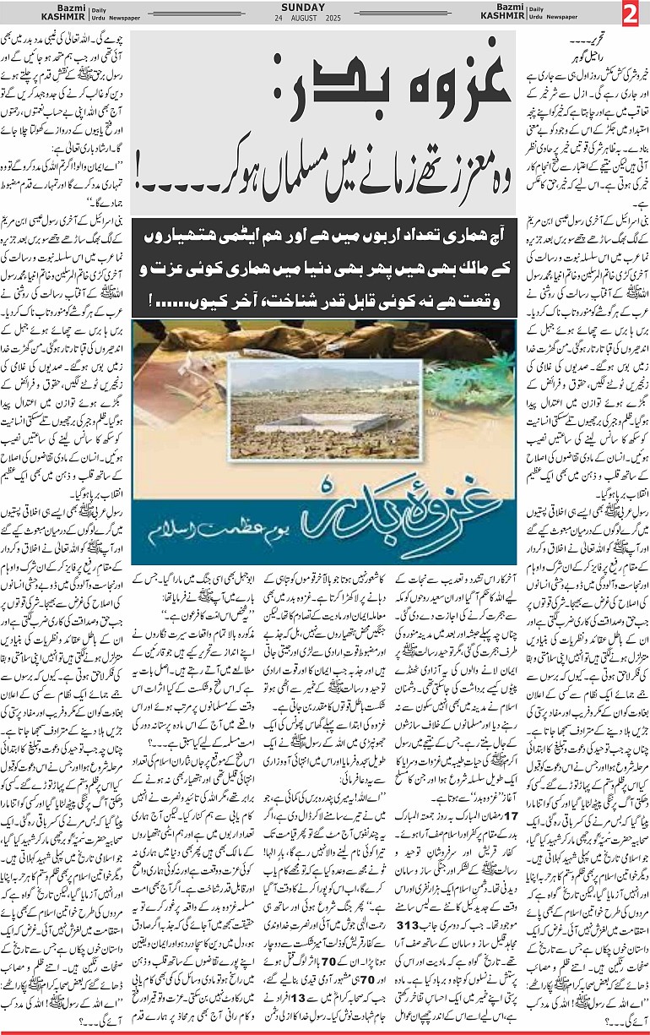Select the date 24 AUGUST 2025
(x=325, y=18)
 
